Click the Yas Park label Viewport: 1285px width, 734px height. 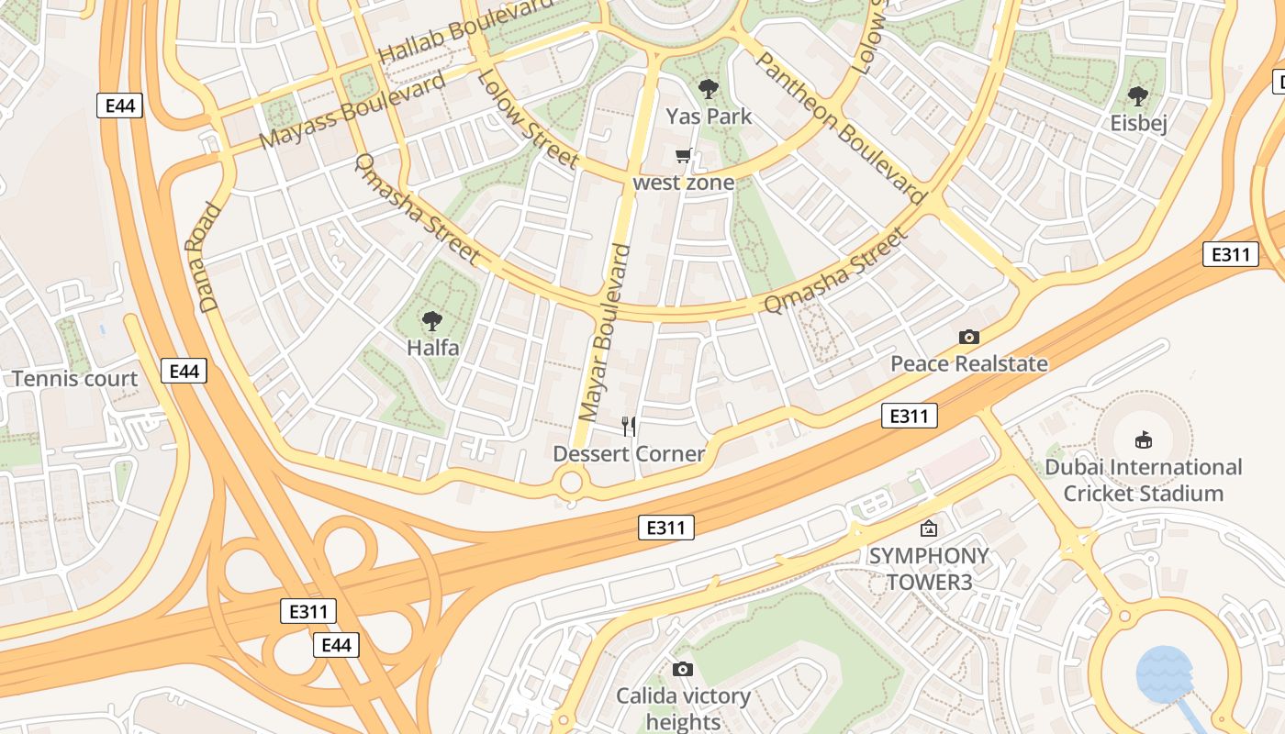coord(709,117)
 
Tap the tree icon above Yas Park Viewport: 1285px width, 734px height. coord(708,89)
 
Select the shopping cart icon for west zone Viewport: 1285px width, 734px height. coord(683,156)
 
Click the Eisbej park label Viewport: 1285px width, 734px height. coord(1138,123)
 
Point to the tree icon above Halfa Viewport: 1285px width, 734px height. coord(431,321)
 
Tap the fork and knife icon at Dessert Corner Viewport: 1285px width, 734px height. coord(629,426)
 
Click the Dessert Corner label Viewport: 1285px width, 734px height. coord(629,453)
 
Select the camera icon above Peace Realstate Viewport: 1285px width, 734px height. coord(968,337)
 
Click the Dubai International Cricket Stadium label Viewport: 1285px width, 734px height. coord(1143,480)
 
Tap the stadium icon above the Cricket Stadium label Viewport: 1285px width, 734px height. coord(1144,439)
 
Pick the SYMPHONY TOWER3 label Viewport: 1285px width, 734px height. coord(928,568)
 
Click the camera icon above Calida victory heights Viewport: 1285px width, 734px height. coord(682,669)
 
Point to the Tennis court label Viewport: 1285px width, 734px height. coord(75,379)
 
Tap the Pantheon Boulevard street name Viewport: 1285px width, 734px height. coord(839,128)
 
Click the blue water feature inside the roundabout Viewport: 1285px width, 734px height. coord(1165,674)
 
